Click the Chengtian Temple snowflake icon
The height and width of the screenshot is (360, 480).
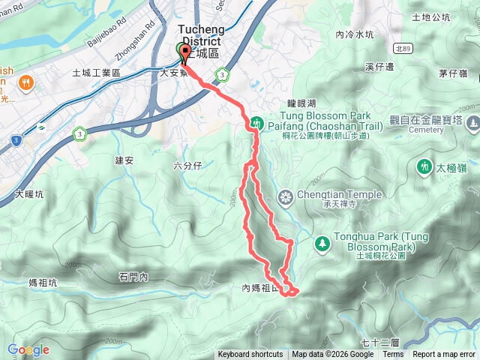(x=285, y=198)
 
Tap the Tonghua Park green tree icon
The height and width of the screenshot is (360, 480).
(x=322, y=243)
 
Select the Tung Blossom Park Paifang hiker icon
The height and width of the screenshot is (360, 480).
(x=256, y=121)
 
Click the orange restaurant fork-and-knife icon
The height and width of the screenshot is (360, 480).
(x=26, y=82)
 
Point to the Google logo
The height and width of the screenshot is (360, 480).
(x=28, y=349)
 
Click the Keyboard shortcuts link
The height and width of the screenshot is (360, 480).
(x=250, y=355)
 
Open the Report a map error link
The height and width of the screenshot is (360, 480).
(x=444, y=355)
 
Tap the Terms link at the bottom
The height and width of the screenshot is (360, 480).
(x=393, y=355)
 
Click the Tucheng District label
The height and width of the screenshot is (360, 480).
(x=200, y=34)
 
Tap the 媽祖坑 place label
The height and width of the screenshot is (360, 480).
(x=43, y=283)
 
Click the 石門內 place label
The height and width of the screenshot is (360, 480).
(x=133, y=277)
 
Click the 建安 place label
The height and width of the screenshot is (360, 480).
(x=124, y=160)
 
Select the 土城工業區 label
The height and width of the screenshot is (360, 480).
(x=96, y=73)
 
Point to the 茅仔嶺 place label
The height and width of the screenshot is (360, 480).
(x=453, y=73)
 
